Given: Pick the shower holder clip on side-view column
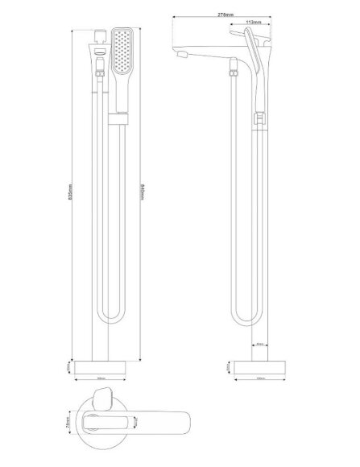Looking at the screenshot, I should (258, 119).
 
